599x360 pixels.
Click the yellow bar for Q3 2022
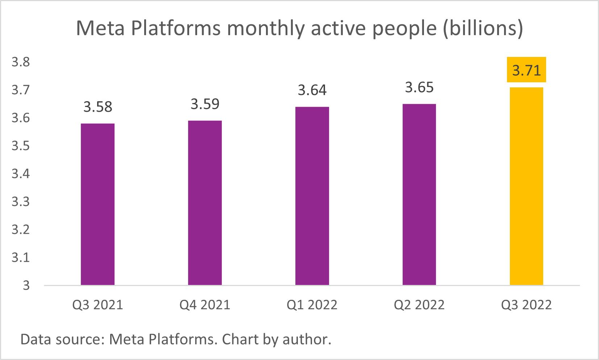pyautogui.click(x=526, y=186)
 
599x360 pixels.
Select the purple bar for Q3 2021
pyautogui.click(x=97, y=204)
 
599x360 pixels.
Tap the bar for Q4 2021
pyautogui.click(x=205, y=203)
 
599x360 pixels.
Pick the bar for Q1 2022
pyautogui.click(x=312, y=196)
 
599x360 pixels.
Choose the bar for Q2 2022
pyautogui.click(x=419, y=194)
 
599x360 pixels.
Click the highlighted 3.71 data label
pyautogui.click(x=526, y=70)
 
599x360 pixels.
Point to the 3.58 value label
pyautogui.click(x=98, y=107)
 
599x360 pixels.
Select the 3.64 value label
pyautogui.click(x=312, y=90)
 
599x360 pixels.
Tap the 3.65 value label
pyautogui.click(x=419, y=87)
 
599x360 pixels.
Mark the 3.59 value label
pyautogui.click(x=205, y=104)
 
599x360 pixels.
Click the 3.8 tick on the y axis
pyautogui.click(x=21, y=62)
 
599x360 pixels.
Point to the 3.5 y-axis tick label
pyautogui.click(x=21, y=146)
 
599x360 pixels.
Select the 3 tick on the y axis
pyautogui.click(x=26, y=285)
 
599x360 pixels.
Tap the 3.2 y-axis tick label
pyautogui.click(x=21, y=229)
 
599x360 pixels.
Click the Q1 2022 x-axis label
pyautogui.click(x=312, y=305)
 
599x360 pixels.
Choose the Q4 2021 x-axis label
pyautogui.click(x=205, y=305)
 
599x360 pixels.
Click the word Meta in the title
pyautogui.click(x=101, y=28)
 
